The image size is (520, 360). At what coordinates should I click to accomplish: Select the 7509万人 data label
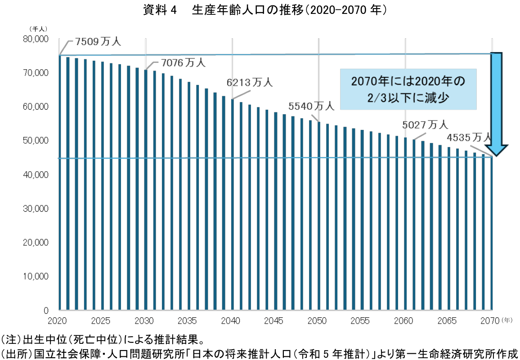click(98, 42)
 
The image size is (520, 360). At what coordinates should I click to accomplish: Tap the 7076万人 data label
click(183, 63)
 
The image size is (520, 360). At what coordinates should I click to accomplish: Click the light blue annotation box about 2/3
click(408, 89)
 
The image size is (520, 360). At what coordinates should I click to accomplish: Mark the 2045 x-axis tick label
click(275, 321)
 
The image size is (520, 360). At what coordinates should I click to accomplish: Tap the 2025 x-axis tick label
click(101, 321)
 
